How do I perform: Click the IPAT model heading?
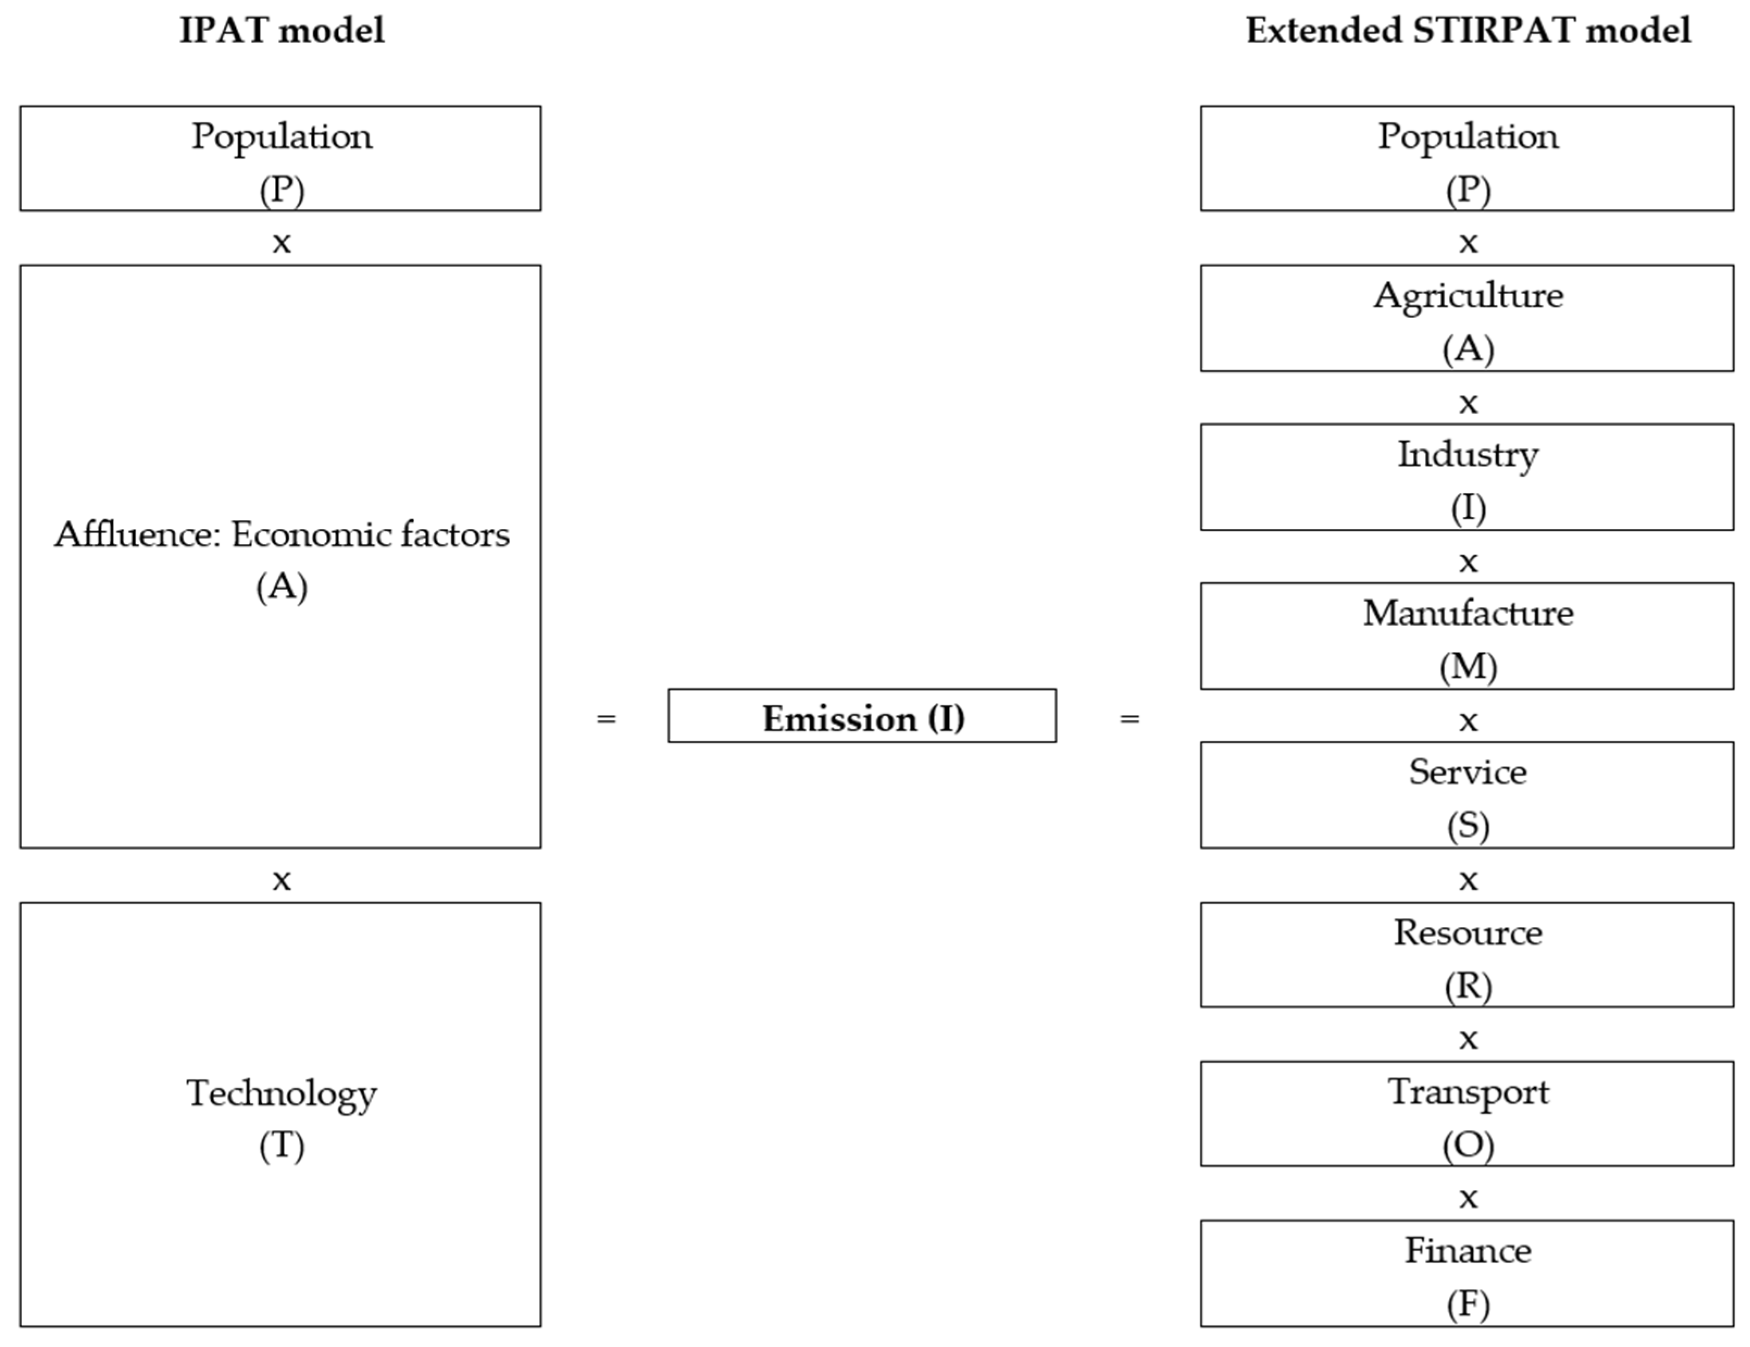pos(282,31)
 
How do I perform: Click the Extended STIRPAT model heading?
pos(1468,31)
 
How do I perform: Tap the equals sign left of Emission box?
pos(607,719)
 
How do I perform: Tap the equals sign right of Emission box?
pos(1129,719)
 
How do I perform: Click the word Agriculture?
pos(1468,296)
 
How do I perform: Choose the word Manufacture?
pos(1468,614)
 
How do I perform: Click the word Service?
pos(1468,772)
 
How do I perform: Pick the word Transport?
pos(1468,1092)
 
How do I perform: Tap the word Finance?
pos(1468,1251)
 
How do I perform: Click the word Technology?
pos(282,1094)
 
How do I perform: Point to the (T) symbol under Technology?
pos(282,1146)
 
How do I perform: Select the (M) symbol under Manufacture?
pos(1468,666)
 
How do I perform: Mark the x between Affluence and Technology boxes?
pos(282,880)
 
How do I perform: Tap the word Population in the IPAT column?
pos(282,137)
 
